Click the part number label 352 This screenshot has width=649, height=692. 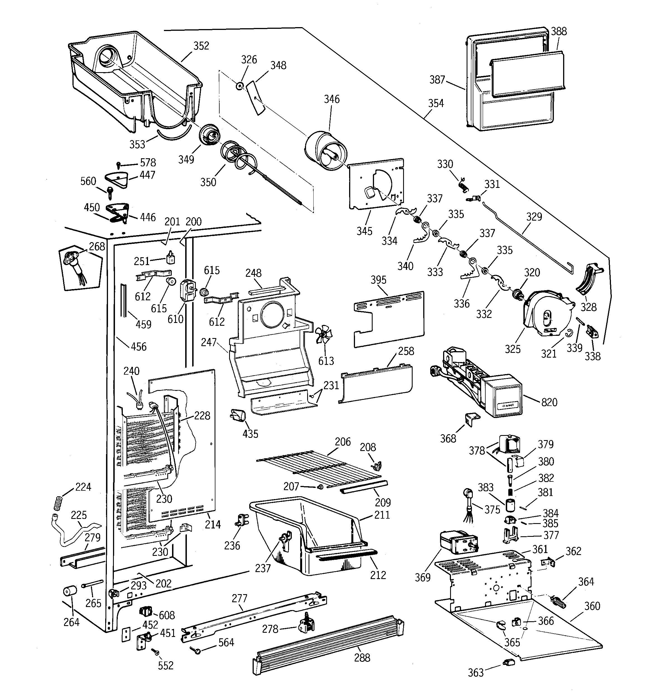(201, 46)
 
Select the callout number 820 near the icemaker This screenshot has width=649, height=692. (549, 402)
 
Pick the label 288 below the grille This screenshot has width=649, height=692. (362, 658)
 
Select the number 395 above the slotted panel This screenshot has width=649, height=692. (378, 280)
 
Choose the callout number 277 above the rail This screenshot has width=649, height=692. (239, 598)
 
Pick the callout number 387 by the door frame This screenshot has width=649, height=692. (437, 80)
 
